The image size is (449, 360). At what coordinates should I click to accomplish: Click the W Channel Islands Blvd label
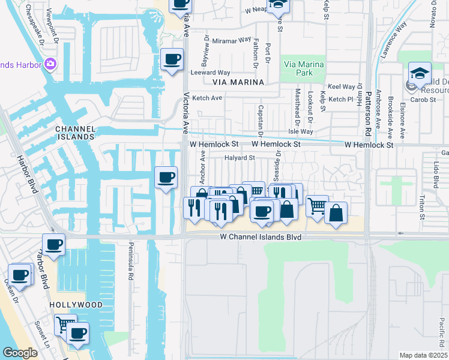pos(260,238)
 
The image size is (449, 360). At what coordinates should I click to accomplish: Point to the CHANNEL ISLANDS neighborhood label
pos(75,133)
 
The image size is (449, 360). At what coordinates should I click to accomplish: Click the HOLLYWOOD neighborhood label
pos(76,305)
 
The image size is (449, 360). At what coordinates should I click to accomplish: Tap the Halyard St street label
pos(240,158)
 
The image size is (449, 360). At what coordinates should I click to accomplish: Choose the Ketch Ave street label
pos(207,98)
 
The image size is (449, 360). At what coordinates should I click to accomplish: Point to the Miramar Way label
pos(230,40)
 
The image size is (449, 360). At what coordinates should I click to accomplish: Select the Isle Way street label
pos(301,131)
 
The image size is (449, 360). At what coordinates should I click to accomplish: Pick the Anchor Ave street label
pos(202,167)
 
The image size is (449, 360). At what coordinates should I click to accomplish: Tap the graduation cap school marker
pos(420,74)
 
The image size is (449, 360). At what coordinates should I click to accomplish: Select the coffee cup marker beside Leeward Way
pos(172,59)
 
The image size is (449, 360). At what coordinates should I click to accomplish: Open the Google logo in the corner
pos(20,353)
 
